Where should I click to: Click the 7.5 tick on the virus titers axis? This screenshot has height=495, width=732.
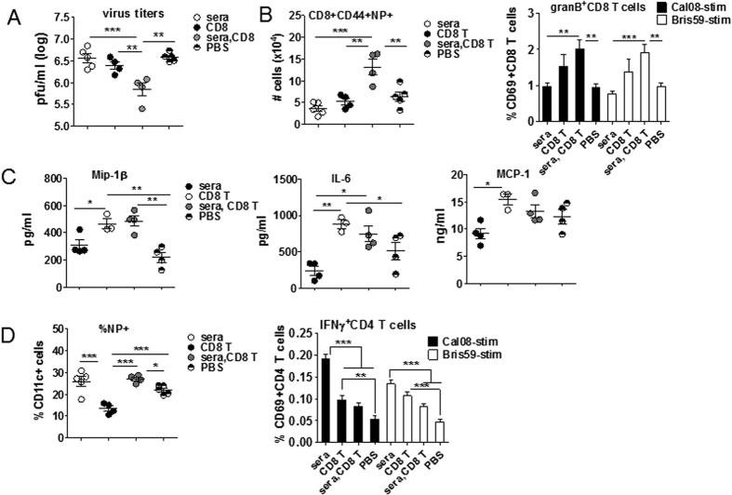pyautogui.click(x=47, y=16)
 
